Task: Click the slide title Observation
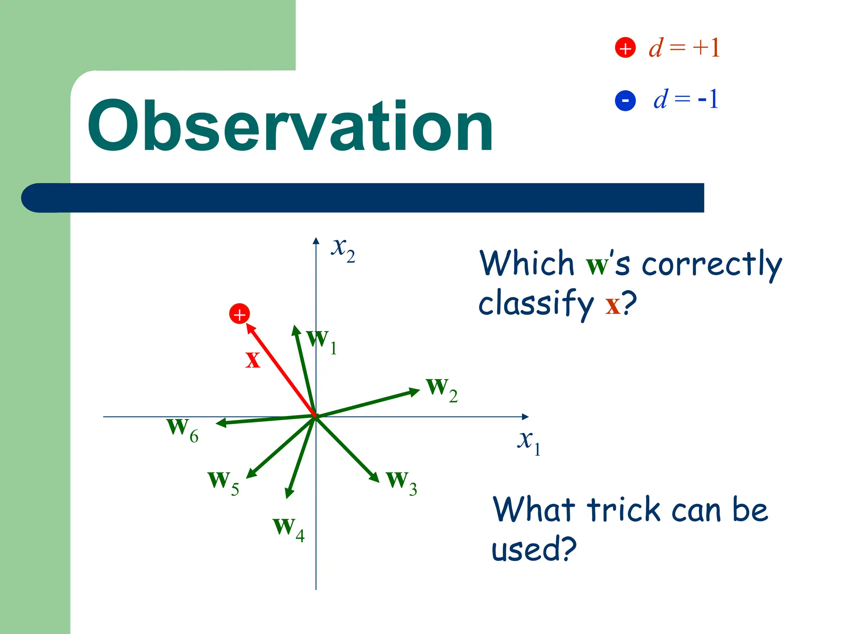pos(290,127)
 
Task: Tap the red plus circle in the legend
pos(625,48)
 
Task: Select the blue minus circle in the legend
pos(625,100)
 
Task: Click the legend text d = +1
pos(684,48)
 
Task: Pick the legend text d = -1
pos(686,99)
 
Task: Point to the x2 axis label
pos(343,249)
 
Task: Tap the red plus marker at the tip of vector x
pos(239,314)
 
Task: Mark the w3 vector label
pos(401,482)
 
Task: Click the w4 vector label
pos(288,528)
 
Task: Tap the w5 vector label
pos(223,482)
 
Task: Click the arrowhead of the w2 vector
pos(414,391)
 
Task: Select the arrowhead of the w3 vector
pos(374,476)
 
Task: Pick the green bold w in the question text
pos(597,265)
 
